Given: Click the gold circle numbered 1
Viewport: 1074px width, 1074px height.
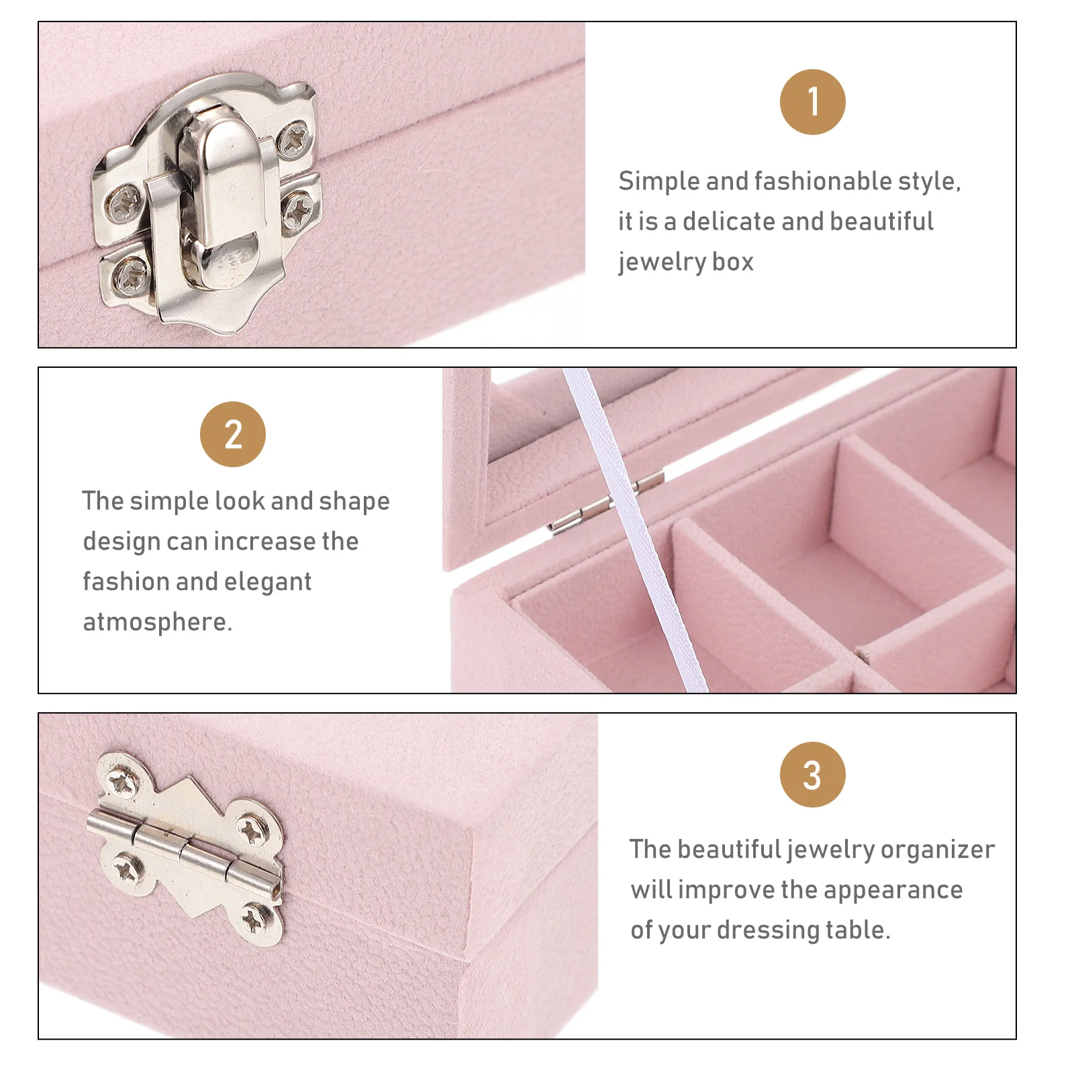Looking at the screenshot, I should pyautogui.click(x=812, y=102).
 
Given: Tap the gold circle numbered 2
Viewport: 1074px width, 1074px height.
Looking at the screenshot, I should pyautogui.click(x=233, y=434).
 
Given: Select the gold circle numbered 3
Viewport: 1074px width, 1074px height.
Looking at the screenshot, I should pyautogui.click(x=812, y=775).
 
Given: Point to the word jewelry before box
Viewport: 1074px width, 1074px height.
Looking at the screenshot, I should pyautogui.click(x=661, y=262).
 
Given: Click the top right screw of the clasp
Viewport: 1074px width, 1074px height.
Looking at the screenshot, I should pyautogui.click(x=293, y=140).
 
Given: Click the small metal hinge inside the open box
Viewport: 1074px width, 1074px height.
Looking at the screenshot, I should pyautogui.click(x=604, y=500).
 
